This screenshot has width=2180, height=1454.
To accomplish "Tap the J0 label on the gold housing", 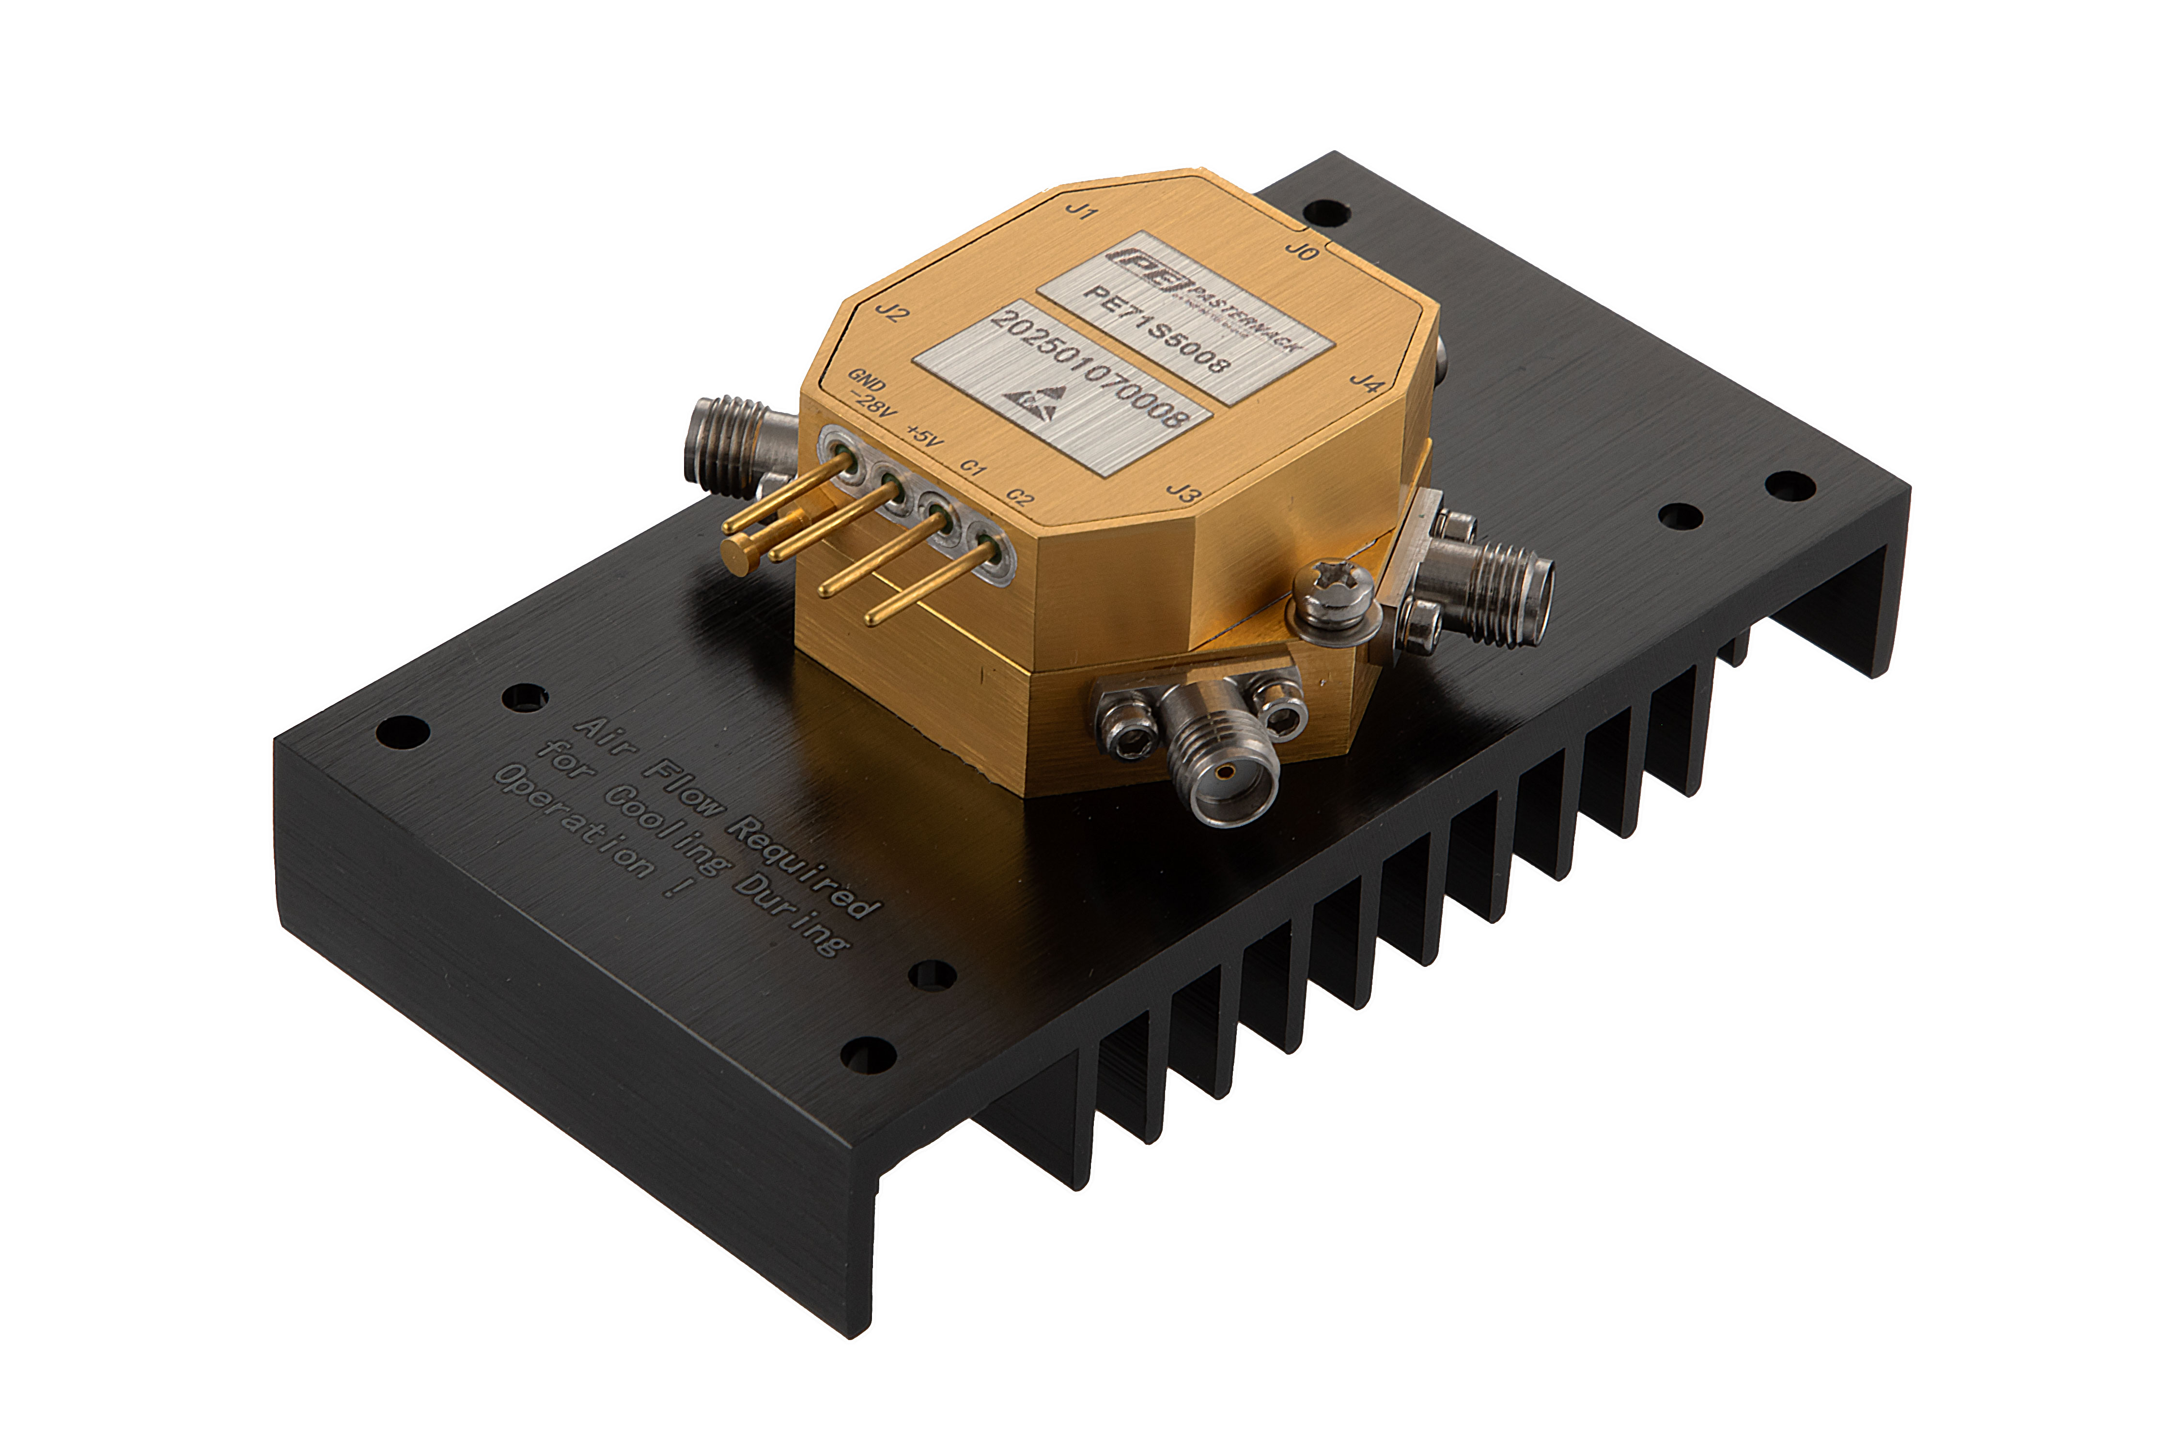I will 1300,251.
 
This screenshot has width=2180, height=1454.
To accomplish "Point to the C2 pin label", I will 1021,498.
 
